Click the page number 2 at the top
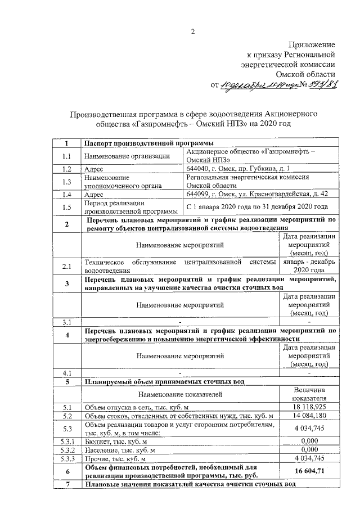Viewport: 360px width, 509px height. click(x=192, y=31)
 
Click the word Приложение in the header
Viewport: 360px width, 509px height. click(x=312, y=44)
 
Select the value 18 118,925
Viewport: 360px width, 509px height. click(x=309, y=406)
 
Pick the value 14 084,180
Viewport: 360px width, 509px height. click(x=309, y=416)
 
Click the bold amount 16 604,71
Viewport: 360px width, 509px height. click(x=309, y=470)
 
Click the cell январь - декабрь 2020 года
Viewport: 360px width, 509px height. click(x=309, y=265)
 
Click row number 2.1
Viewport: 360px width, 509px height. click(x=67, y=265)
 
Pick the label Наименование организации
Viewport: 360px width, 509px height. click(x=127, y=156)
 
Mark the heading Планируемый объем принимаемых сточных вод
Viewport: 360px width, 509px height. click(x=164, y=381)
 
